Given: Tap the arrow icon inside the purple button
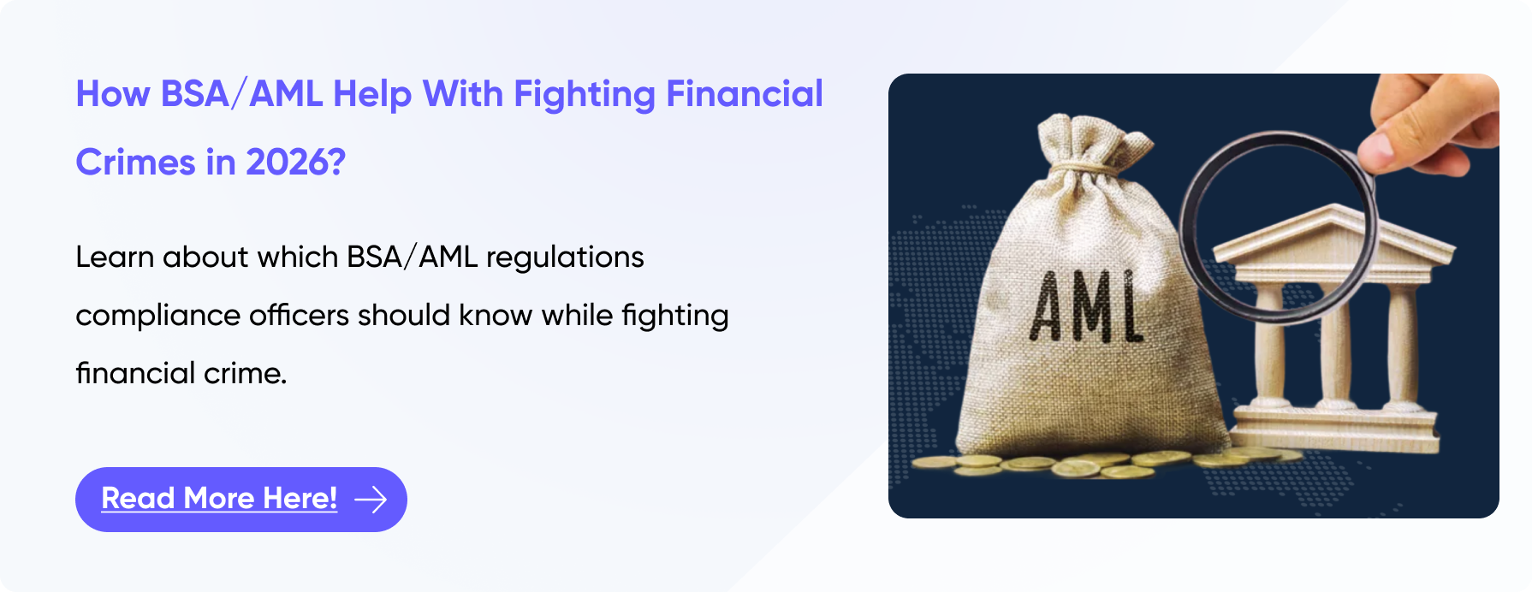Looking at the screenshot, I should [x=371, y=499].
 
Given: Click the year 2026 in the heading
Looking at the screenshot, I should [x=288, y=163].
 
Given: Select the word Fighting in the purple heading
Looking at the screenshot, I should [x=584, y=94].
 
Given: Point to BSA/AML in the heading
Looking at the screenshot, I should [x=241, y=94].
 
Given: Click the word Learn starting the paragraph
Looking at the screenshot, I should [x=114, y=257].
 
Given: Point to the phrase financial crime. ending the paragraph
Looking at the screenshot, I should [x=181, y=374].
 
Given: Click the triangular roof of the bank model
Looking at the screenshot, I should [x=1335, y=240].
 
